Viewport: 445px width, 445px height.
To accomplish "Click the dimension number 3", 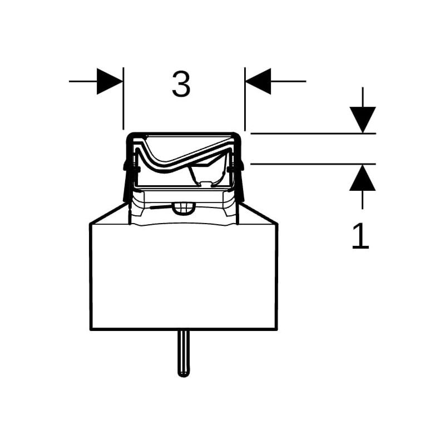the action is [x=181, y=84].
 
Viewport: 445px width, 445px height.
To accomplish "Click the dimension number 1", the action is [x=360, y=236].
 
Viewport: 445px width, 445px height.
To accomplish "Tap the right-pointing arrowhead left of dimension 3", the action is [x=110, y=81].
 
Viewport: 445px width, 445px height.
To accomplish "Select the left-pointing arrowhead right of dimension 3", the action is [x=258, y=81].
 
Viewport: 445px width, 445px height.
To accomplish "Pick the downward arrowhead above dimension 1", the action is [x=363, y=120].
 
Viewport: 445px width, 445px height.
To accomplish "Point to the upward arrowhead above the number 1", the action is [x=363, y=177].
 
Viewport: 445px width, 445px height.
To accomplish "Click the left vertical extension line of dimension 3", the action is [x=123, y=98].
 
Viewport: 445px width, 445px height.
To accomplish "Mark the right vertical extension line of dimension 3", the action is [x=245, y=99].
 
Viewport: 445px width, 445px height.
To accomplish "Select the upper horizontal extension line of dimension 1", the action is [x=313, y=133].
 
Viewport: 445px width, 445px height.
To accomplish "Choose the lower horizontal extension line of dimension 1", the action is [x=313, y=164].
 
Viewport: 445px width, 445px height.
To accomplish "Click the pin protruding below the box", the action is [x=184, y=354].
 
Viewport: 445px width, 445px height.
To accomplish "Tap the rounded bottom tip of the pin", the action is [x=184, y=374].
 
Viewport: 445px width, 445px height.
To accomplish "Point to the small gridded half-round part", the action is [x=184, y=207].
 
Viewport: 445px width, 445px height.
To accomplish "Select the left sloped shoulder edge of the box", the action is [x=107, y=213].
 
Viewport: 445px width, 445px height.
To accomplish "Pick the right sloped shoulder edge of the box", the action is [x=260, y=213].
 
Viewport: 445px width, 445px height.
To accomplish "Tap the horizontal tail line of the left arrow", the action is [x=83, y=81].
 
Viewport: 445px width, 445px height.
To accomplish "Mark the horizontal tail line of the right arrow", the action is [x=288, y=81].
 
